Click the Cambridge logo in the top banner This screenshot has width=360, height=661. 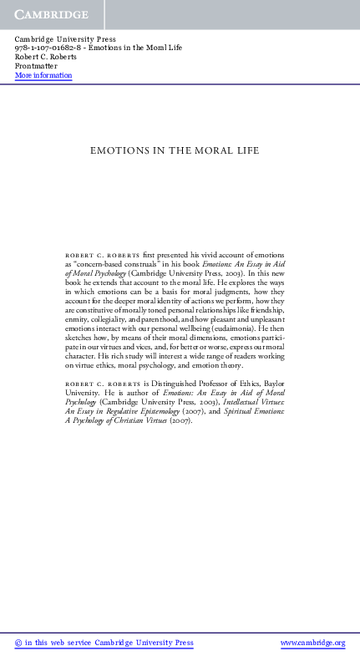coord(49,15)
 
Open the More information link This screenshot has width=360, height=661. coord(43,76)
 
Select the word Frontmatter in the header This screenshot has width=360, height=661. coord(36,66)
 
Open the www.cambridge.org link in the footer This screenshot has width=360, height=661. coord(312,643)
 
